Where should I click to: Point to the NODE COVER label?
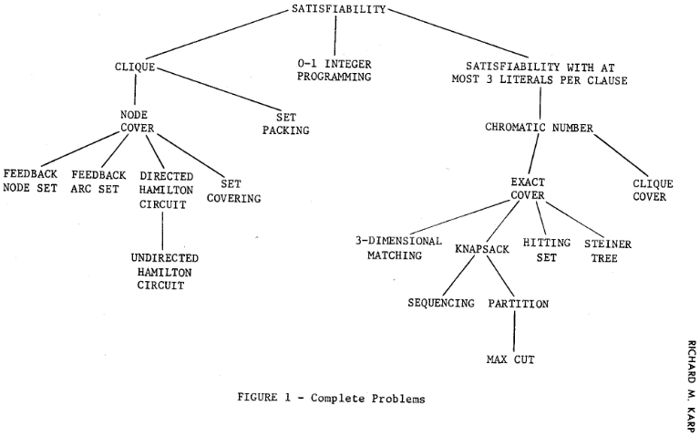136,121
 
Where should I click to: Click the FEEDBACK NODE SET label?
29,181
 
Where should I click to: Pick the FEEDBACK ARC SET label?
97,181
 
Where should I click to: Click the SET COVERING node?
233,191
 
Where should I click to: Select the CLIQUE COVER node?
653,190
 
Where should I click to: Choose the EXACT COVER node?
527,188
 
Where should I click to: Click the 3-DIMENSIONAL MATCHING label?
388,249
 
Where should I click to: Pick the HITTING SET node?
547,249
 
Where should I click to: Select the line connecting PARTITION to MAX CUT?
514,329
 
